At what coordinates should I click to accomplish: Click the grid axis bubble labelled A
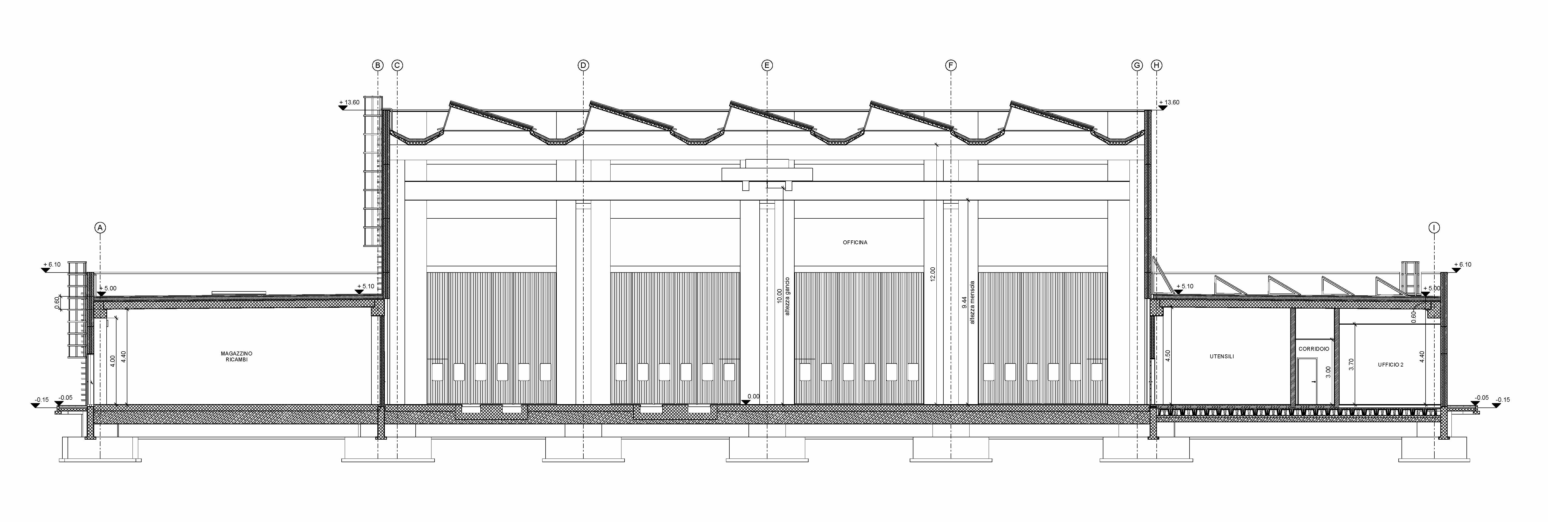(x=100, y=227)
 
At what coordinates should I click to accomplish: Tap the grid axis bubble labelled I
(x=1434, y=227)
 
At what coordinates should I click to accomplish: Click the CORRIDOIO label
(x=1314, y=349)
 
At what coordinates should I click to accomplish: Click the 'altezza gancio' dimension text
(x=787, y=296)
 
